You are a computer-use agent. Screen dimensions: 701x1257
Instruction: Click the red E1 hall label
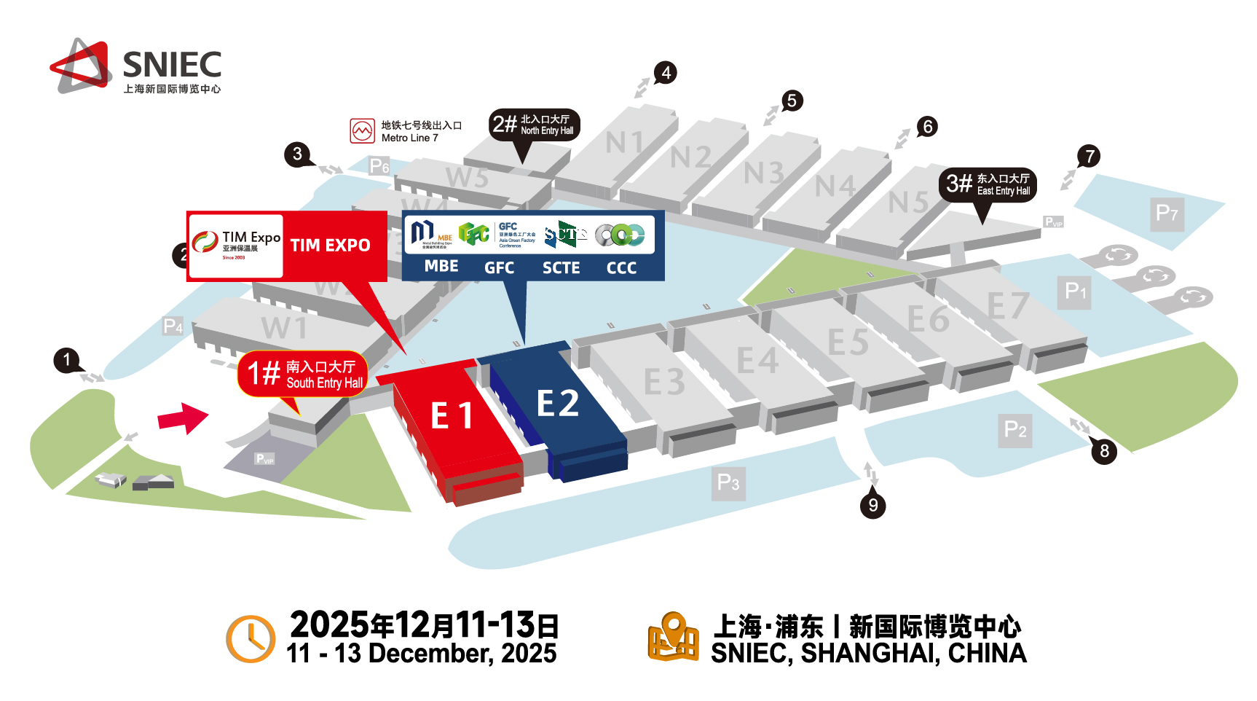(452, 416)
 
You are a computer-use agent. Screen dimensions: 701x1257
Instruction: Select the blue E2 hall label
(558, 403)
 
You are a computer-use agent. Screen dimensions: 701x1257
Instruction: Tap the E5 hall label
(848, 342)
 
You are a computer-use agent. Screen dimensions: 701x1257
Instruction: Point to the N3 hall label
(763, 173)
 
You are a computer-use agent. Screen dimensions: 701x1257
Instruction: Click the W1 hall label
(284, 328)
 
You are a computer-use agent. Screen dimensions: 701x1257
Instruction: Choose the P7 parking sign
(1167, 214)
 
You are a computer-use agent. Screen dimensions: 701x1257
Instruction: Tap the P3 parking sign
(728, 483)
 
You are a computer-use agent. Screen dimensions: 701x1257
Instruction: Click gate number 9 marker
(872, 505)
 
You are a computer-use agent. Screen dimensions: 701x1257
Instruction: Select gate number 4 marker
(666, 73)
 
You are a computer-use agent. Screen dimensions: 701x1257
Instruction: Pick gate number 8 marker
(1104, 451)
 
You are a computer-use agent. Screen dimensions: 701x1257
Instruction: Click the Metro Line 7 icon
(362, 131)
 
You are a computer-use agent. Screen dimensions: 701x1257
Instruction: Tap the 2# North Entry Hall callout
(535, 125)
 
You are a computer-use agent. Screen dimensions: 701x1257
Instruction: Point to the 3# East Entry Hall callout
(988, 184)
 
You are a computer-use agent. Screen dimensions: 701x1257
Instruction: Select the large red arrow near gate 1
(184, 418)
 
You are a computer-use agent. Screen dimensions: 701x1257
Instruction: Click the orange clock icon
(251, 639)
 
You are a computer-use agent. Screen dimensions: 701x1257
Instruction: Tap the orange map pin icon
(674, 637)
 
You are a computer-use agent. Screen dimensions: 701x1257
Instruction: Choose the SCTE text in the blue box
(561, 268)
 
